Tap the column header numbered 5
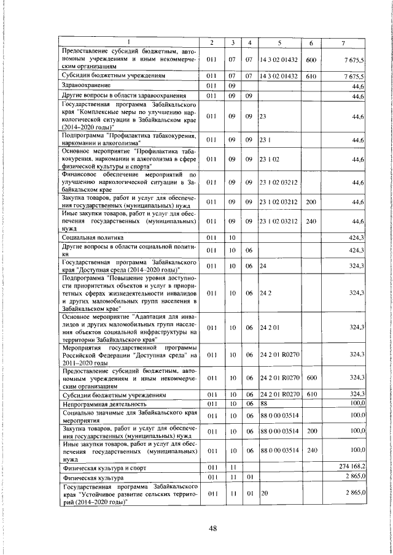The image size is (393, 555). pyautogui.click(x=279, y=42)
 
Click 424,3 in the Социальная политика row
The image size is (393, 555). pyautogui.click(x=356, y=236)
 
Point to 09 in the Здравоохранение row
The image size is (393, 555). pyautogui.click(x=233, y=86)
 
